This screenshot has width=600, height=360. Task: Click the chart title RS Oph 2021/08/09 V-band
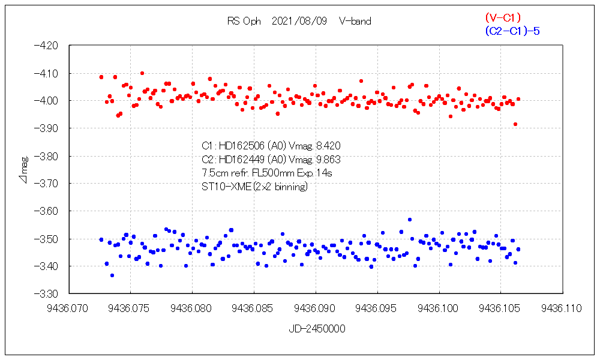(299, 21)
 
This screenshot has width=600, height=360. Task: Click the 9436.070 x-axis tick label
(70, 308)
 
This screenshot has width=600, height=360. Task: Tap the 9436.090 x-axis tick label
(316, 308)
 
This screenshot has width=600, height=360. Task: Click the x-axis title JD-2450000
(316, 329)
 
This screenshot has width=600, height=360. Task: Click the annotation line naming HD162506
(272, 145)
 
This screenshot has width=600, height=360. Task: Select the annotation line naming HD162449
(272, 159)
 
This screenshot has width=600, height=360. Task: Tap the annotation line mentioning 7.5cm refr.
(267, 173)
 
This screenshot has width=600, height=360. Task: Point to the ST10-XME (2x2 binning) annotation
(255, 187)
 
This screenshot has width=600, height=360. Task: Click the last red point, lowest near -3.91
(515, 124)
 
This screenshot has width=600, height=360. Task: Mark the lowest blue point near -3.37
(112, 275)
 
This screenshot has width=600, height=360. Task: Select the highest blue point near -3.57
(410, 220)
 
